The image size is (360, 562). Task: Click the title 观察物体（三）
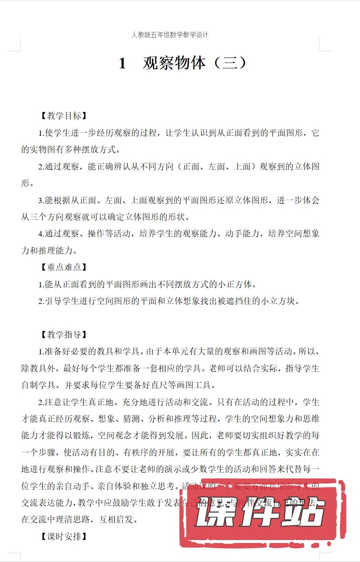pyautogui.click(x=195, y=63)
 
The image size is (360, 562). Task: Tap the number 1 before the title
pyautogui.click(x=122, y=64)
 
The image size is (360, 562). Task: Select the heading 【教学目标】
pyautogui.click(x=63, y=116)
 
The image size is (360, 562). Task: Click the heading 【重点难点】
pyautogui.click(x=63, y=267)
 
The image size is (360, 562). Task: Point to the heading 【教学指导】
pyautogui.click(x=63, y=335)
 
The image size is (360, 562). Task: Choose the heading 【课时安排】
pyautogui.click(x=63, y=536)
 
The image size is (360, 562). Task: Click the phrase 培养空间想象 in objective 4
pyautogui.click(x=294, y=234)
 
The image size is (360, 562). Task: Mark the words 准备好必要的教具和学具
pyautogui.click(x=85, y=352)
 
